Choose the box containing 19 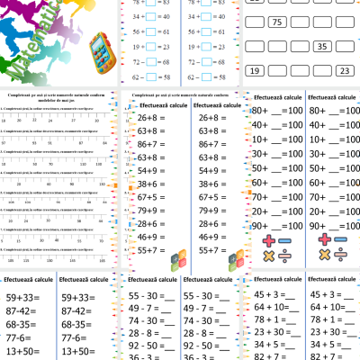(x=256, y=69)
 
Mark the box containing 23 (x=343, y=69)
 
